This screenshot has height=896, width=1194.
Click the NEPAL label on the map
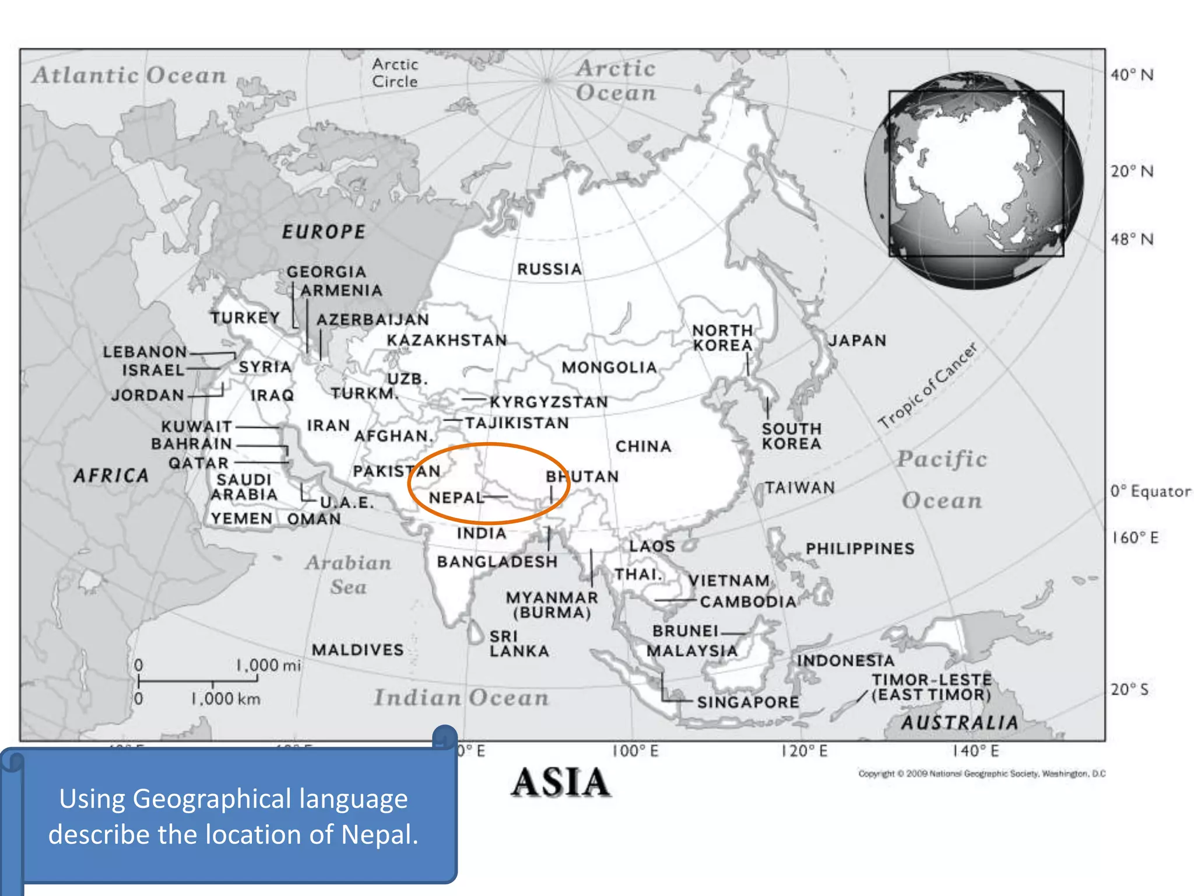[456, 498]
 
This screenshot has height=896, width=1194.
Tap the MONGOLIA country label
[609, 367]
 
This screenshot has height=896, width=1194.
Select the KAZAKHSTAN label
[447, 340]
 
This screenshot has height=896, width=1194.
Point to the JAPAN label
[857, 340]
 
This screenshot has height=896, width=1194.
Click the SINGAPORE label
[748, 702]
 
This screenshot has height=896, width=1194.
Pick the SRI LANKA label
[518, 643]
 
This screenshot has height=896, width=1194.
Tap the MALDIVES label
[358, 650]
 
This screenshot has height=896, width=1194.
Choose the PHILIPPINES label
[860, 548]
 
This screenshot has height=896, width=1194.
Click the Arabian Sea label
[349, 575]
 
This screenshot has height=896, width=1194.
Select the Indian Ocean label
[461, 698]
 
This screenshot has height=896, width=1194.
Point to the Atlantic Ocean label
[129, 75]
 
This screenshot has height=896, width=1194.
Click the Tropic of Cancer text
[928, 386]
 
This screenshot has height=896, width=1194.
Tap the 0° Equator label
[1150, 491]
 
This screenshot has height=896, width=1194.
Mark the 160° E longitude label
[1135, 537]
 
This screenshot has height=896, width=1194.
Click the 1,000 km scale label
[226, 698]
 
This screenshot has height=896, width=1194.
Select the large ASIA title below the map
[561, 782]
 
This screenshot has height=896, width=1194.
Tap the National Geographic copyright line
[982, 773]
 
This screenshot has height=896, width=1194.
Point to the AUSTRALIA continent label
[960, 723]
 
